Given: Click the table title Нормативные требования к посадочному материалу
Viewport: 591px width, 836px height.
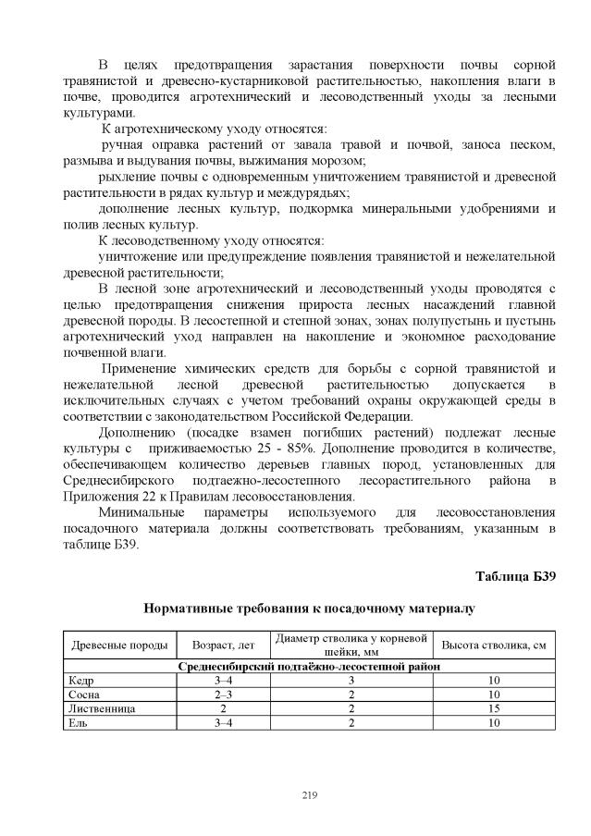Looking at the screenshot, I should pyautogui.click(x=309, y=609).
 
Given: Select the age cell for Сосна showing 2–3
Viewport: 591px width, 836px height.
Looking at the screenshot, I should pyautogui.click(x=222, y=694).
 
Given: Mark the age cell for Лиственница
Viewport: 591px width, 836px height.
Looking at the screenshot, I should pyautogui.click(x=222, y=707).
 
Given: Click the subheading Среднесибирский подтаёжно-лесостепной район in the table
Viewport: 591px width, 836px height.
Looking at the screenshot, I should pyautogui.click(x=309, y=666).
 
